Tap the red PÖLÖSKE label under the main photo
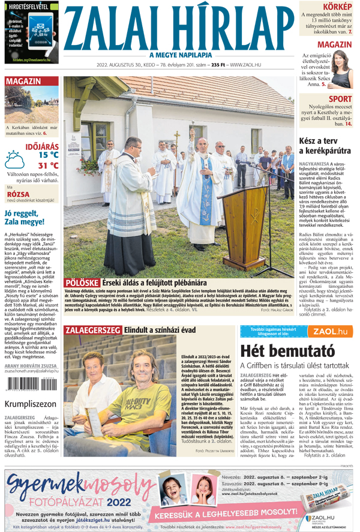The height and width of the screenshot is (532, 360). pyautogui.click(x=82, y=282)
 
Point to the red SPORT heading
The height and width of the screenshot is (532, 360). pyautogui.click(x=340, y=99)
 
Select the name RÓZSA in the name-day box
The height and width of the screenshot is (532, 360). pyautogui.click(x=17, y=194)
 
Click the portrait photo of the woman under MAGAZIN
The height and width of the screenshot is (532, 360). pyautogui.click(x=340, y=71)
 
